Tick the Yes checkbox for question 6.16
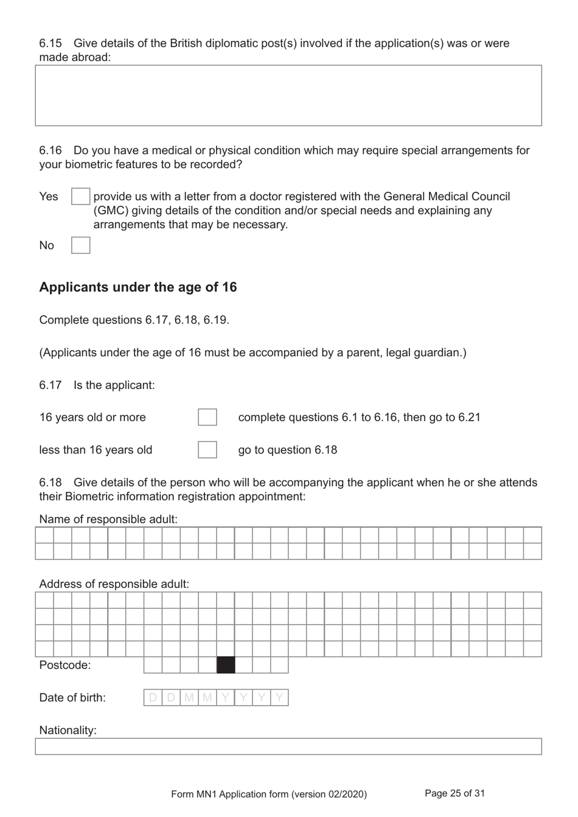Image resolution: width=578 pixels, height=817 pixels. pos(80,197)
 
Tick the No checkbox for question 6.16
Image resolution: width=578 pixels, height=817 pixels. pos(80,245)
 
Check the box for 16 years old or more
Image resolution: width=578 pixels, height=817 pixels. pos(207,417)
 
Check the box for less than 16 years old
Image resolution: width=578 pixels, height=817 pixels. pos(207,450)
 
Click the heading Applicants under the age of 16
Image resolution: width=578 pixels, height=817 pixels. pos(138,287)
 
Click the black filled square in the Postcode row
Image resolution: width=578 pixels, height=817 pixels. pos(226,665)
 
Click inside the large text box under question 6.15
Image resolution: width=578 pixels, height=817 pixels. pos(288,96)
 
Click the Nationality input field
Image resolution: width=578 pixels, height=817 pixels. pos(288,746)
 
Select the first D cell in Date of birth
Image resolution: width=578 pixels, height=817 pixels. pos(153,698)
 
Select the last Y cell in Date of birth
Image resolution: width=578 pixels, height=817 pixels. pos(279,698)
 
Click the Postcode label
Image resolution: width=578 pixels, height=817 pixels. pos(64,665)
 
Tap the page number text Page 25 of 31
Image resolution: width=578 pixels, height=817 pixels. pos(454,793)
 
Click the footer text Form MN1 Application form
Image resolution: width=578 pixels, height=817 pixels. pos(269,794)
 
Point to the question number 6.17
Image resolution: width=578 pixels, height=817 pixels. pos(50,385)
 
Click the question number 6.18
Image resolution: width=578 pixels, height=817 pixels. pos(50,483)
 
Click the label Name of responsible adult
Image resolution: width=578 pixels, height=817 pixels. pos(108,519)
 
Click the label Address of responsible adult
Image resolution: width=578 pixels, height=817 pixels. pos(114,584)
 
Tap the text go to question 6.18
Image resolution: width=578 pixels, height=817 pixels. pos(287,451)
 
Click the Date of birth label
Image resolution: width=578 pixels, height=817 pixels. pos(72,698)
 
